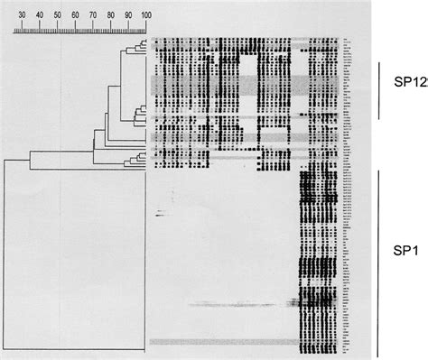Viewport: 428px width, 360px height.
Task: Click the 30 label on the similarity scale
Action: pyautogui.click(x=22, y=15)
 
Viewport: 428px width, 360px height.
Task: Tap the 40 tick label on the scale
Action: pyautogui.click(x=40, y=15)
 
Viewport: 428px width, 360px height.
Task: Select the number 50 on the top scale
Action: pyautogui.click(x=57, y=15)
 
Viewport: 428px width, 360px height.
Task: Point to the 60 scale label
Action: pyautogui.click(x=75, y=15)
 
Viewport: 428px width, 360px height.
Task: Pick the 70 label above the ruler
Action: pyautogui.click(x=92, y=15)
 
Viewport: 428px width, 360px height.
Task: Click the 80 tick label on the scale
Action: pyautogui.click(x=110, y=15)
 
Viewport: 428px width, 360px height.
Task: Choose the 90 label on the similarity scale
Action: pyautogui.click(x=127, y=15)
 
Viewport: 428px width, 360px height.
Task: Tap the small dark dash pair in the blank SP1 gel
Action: pyautogui.click(x=160, y=214)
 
